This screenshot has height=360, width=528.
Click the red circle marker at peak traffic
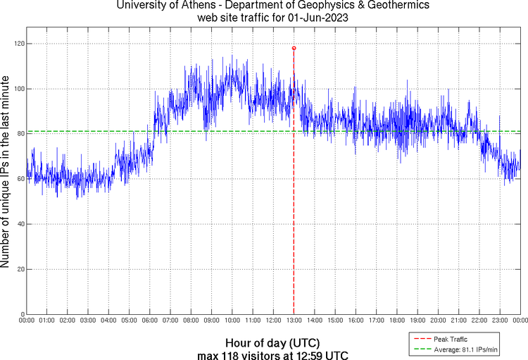pyautogui.click(x=294, y=48)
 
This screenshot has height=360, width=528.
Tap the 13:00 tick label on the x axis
pyautogui.click(x=294, y=321)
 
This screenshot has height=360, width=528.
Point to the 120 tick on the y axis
pyautogui.click(x=18, y=44)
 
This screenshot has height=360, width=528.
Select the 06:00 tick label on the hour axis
pyautogui.click(x=150, y=321)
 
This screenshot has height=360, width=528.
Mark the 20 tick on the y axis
pyautogui.click(x=20, y=269)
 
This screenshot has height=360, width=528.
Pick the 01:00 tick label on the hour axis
pyautogui.click(x=47, y=321)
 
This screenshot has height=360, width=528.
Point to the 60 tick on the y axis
pyautogui.click(x=20, y=179)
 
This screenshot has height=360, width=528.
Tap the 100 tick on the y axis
pyautogui.click(x=18, y=89)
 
